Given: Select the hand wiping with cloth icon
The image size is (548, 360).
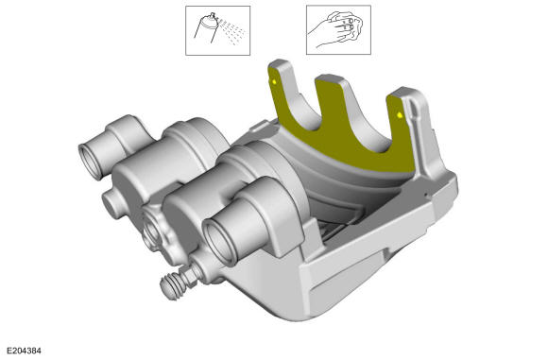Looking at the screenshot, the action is click(338, 29).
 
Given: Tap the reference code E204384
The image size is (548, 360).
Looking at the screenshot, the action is click(25, 351).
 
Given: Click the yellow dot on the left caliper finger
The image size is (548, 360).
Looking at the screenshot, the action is click(274, 82).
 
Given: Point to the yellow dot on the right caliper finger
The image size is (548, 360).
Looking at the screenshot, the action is click(400, 114).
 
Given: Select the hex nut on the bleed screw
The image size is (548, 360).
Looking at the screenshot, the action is click(191, 274).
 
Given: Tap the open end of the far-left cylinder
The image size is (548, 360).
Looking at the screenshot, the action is click(90, 162).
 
